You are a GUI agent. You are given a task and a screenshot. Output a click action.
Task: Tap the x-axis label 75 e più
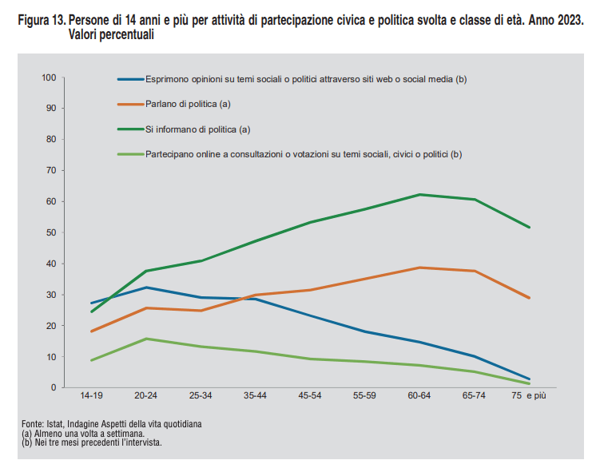point(530,396)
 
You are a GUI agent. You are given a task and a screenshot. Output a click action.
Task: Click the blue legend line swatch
point(129,79)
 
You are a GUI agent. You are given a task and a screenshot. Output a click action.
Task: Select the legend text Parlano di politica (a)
point(188,104)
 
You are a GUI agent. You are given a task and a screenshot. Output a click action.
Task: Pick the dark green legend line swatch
point(129,129)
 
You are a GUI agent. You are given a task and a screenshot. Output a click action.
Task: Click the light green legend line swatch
point(129,153)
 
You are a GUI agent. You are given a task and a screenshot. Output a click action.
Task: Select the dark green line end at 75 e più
point(529,228)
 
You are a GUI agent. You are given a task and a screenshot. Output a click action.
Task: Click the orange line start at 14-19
point(91,331)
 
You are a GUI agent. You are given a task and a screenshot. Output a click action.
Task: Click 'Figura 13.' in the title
point(41,19)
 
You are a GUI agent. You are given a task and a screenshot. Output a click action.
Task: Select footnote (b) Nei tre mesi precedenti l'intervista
point(92,442)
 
